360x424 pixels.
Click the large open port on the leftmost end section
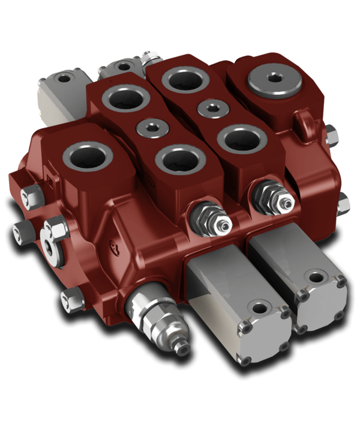pos(88,158)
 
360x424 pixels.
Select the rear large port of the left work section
pos(124,99)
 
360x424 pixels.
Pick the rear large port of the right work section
pos(185,80)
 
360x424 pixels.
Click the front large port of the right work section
pos(242,139)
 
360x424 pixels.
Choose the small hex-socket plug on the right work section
pos(212,109)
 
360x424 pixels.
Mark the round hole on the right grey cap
pos(316,278)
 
